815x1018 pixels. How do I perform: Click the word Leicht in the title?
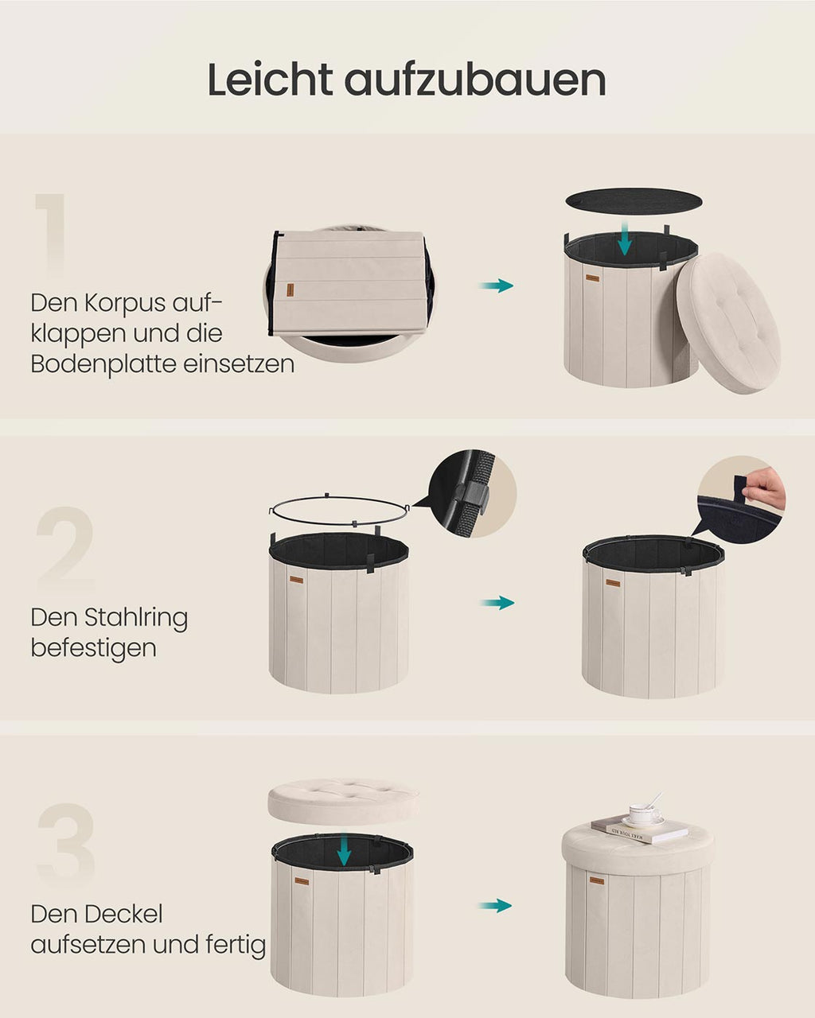[270, 80]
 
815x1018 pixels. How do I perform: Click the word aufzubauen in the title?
[475, 80]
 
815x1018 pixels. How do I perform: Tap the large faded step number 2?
[65, 548]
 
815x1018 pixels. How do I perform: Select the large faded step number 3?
[66, 845]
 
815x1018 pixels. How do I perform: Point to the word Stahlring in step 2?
[136, 618]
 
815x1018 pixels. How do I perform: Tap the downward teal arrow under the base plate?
[625, 239]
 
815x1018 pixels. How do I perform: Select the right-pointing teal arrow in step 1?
[497, 286]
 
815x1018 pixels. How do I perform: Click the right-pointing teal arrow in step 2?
[497, 603]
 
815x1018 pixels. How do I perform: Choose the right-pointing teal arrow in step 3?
[495, 905]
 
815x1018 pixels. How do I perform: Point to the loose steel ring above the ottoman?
[339, 510]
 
